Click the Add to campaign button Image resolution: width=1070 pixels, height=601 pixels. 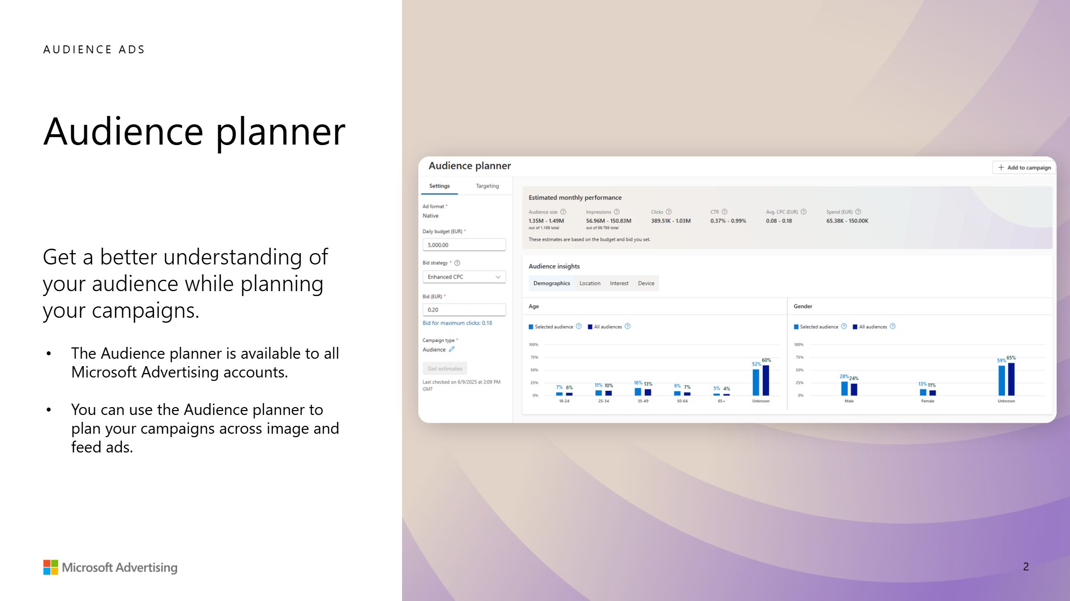coord(1024,168)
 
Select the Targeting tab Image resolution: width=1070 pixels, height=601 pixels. coord(487,186)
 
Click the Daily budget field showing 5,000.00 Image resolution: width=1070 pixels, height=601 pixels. coord(464,245)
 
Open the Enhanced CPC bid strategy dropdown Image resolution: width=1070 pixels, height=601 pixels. coord(464,277)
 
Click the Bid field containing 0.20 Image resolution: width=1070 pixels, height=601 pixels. coord(464,310)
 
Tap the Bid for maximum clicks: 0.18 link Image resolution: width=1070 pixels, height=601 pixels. coord(457,323)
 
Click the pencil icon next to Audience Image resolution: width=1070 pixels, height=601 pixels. coord(451,349)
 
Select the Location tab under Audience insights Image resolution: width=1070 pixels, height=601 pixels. coord(590,283)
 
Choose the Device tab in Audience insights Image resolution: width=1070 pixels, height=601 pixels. coord(646,283)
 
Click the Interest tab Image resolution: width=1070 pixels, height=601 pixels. coord(619,283)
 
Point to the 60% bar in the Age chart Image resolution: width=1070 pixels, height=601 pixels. coord(766,380)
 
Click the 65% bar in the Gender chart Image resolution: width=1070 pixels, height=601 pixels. coord(1011,379)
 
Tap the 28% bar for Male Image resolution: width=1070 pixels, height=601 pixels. coord(844,388)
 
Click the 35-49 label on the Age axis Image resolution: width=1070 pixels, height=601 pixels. coord(643,401)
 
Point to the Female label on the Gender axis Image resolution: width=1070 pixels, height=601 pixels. coord(927,401)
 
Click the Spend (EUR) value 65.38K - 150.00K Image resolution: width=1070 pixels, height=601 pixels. coord(847,221)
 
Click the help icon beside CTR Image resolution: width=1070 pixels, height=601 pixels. coord(724,212)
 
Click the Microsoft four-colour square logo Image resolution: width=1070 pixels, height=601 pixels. coord(51,567)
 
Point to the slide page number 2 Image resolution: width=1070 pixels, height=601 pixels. coord(1026,567)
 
